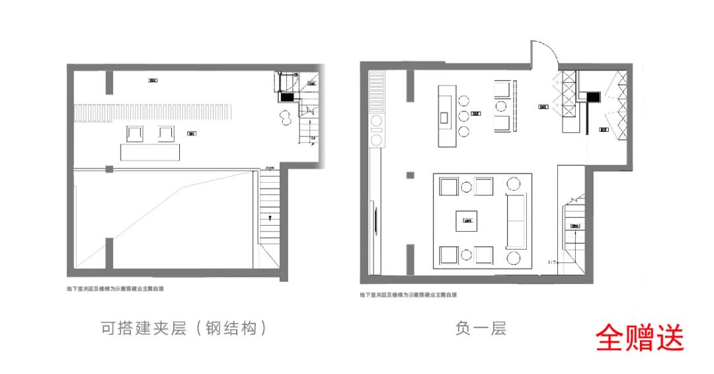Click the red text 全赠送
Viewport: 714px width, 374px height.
point(639,337)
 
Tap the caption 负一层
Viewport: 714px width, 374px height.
point(481,328)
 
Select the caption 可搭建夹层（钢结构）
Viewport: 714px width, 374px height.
point(184,328)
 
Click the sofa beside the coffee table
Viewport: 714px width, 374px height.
point(515,219)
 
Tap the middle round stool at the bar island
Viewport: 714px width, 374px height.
point(464,116)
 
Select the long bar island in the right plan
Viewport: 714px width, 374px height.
point(445,117)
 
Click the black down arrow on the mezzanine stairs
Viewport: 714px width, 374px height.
point(270,217)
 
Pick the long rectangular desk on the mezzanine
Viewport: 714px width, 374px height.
point(150,152)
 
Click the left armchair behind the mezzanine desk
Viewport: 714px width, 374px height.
point(135,133)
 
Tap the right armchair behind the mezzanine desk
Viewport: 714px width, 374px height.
point(165,133)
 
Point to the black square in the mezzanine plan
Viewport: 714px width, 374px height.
point(288,97)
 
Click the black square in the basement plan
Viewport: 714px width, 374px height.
point(593,97)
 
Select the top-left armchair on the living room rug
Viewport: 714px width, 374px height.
point(449,187)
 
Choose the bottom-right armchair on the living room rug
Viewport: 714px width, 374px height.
point(484,256)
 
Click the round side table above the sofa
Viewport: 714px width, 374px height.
point(514,183)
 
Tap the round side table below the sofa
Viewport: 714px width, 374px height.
point(514,257)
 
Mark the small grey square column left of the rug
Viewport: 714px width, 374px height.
point(411,175)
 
